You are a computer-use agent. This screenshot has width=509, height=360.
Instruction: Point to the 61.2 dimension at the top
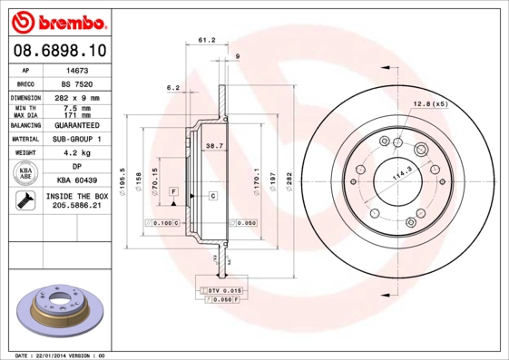(206, 40)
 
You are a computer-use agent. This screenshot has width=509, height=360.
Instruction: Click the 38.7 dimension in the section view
(214, 145)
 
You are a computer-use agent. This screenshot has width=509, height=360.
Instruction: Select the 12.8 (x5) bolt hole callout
(430, 104)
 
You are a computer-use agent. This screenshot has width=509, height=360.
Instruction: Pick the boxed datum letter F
(172, 191)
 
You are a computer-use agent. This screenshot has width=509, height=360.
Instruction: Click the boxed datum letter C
(213, 196)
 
